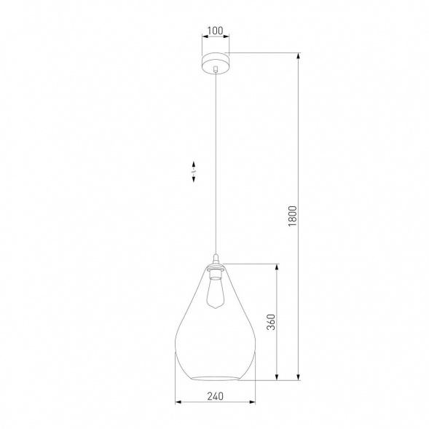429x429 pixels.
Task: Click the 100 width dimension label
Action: (x=214, y=31)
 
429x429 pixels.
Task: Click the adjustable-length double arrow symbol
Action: (x=194, y=173)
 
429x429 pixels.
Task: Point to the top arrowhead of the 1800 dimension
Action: (x=299, y=55)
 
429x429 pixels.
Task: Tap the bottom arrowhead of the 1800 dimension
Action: (x=299, y=377)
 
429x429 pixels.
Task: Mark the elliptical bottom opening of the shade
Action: (x=214, y=374)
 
